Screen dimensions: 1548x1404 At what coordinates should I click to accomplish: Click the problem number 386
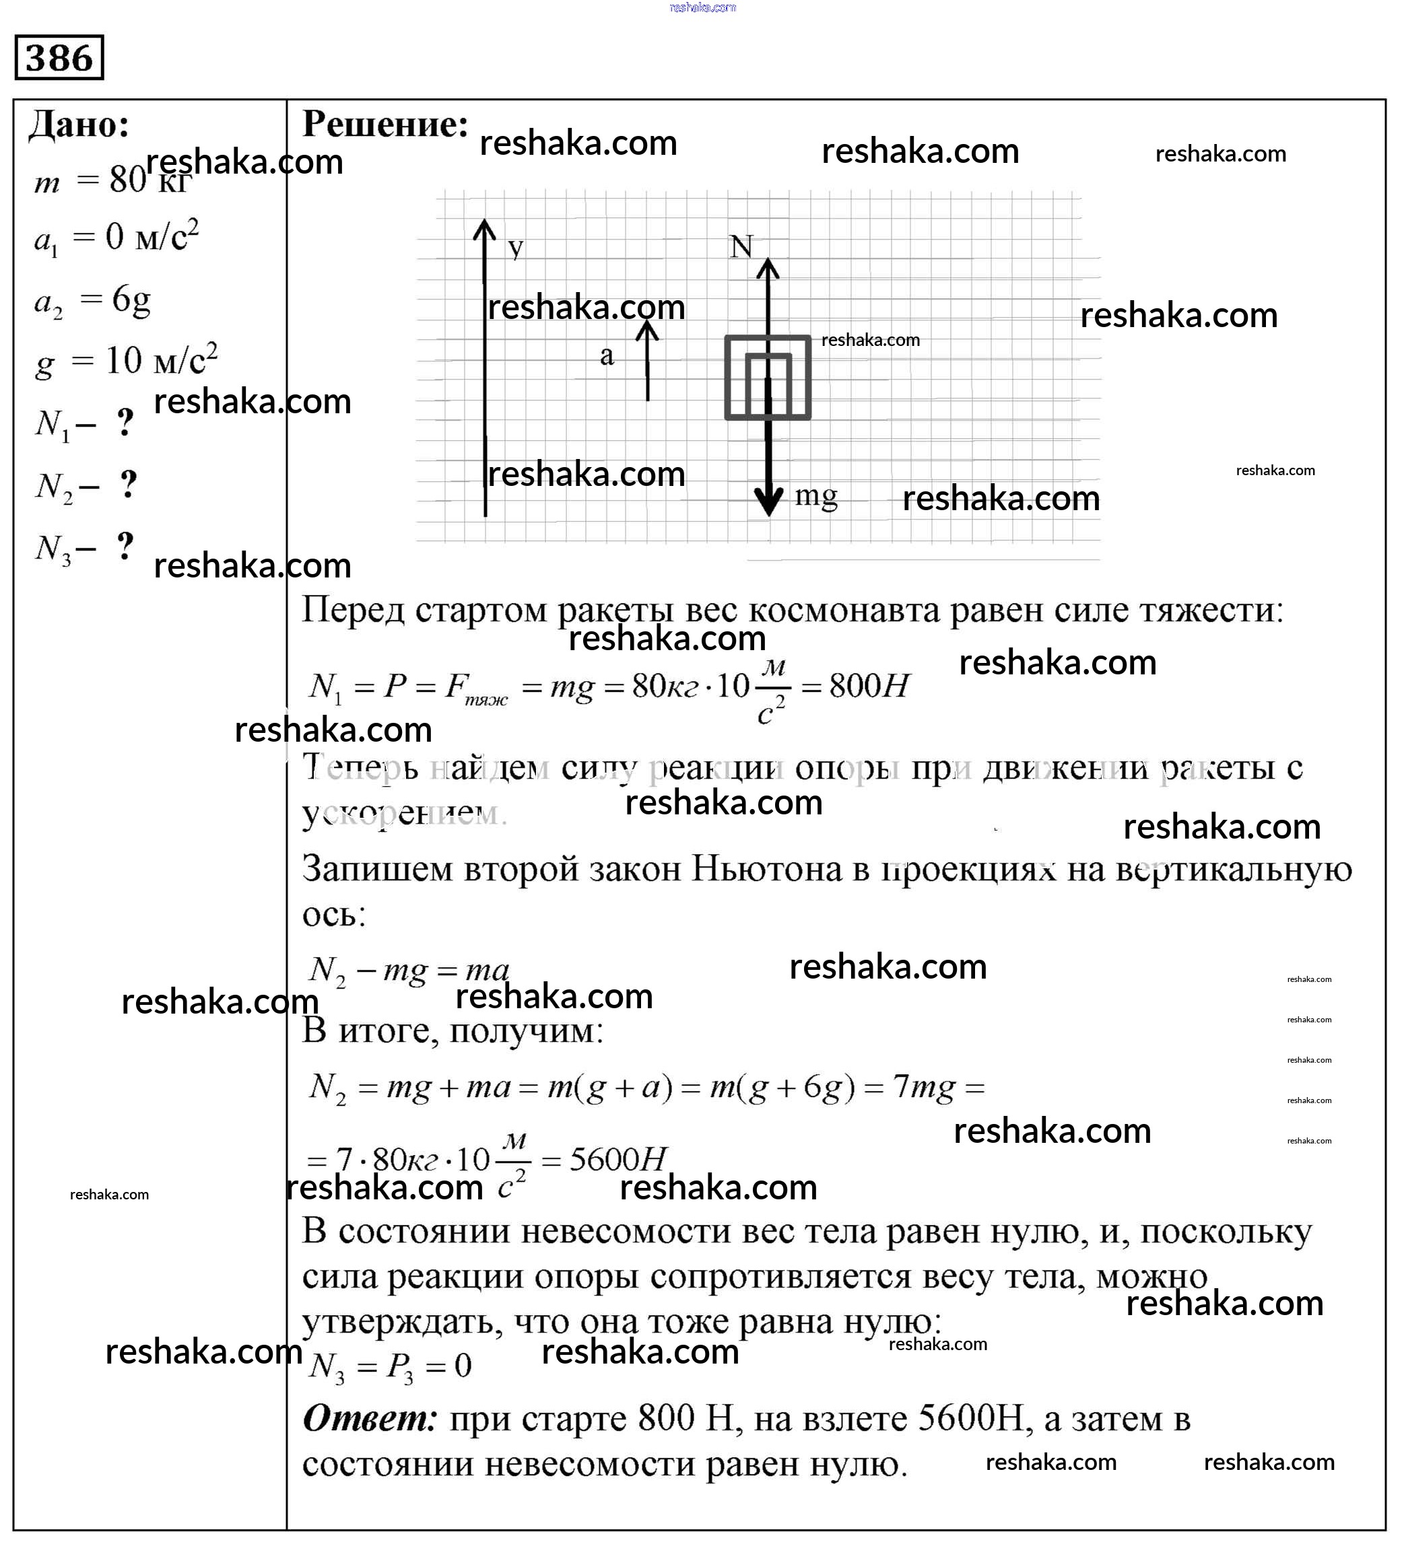click(59, 58)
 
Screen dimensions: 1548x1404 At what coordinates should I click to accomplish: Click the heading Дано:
click(79, 125)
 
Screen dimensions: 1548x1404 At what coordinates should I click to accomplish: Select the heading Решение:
click(385, 124)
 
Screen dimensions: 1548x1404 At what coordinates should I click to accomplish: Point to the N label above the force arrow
click(741, 246)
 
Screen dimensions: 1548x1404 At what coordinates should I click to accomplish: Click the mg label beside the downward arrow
click(815, 496)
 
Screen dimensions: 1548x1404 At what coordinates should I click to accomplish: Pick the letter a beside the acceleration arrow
click(607, 355)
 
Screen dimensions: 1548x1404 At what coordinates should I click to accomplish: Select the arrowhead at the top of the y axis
click(485, 229)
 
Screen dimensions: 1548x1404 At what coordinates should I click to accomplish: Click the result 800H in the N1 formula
click(869, 685)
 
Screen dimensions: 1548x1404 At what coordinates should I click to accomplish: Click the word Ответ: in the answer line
click(370, 1418)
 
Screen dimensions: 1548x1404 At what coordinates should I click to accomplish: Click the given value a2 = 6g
click(92, 301)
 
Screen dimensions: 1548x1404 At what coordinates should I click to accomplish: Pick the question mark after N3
click(126, 547)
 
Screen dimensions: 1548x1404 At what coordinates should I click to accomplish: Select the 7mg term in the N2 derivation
click(924, 1087)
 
